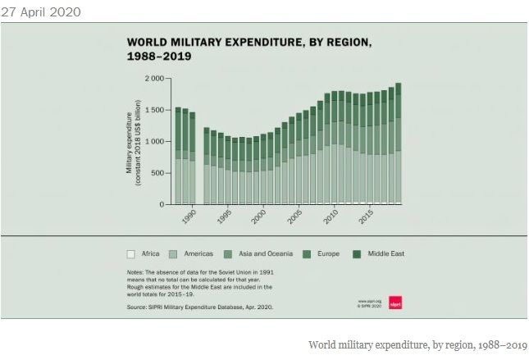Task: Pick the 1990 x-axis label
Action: point(188,216)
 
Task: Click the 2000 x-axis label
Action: point(259,216)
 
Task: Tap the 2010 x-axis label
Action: point(331,216)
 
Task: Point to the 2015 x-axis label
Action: point(367,216)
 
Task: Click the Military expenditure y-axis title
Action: point(134,142)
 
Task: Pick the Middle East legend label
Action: point(385,254)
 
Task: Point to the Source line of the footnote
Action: point(199,307)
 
